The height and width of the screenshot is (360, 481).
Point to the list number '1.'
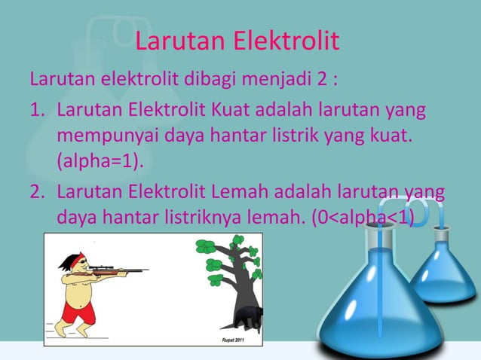[x=38, y=112]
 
